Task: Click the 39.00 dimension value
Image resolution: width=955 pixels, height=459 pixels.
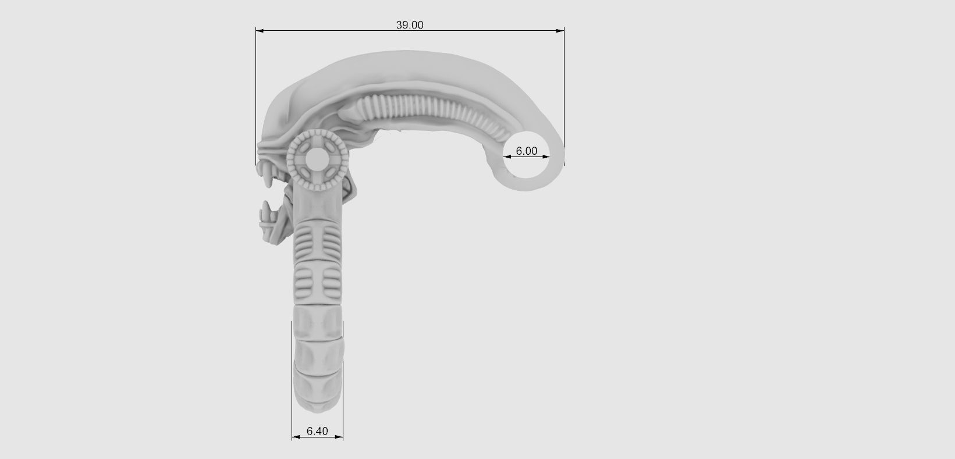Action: coord(410,25)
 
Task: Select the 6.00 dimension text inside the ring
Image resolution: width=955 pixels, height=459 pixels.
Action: coord(526,151)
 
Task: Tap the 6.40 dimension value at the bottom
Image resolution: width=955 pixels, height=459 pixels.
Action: coord(317,431)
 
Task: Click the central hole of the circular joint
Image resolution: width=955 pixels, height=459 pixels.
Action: coord(317,158)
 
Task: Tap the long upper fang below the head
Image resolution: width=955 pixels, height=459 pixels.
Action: coord(269,177)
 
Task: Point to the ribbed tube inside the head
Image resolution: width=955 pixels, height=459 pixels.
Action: coord(431,111)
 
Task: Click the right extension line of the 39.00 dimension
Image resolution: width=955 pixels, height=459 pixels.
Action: coord(564,87)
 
